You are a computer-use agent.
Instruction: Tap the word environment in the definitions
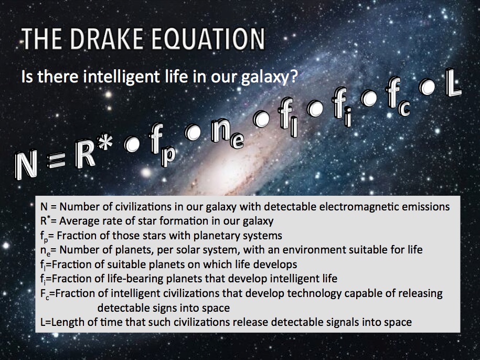coord(282,250)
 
